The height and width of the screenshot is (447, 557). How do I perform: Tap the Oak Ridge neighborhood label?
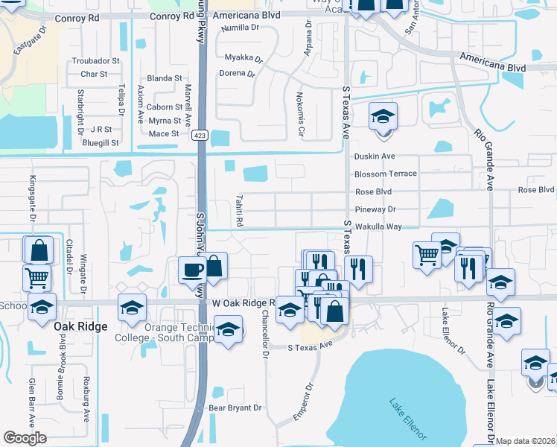[80, 326]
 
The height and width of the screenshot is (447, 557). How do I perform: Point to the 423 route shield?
[200, 135]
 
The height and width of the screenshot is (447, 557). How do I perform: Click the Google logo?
[25, 438]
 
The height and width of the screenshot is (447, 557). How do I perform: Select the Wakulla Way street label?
[379, 226]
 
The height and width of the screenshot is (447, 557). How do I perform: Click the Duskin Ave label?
[375, 156]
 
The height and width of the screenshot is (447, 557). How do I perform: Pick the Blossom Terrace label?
[386, 174]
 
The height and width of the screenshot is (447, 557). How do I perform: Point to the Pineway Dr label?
[375, 209]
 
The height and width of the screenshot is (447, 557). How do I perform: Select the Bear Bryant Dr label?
[235, 408]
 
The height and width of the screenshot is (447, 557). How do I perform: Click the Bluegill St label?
[101, 142]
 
